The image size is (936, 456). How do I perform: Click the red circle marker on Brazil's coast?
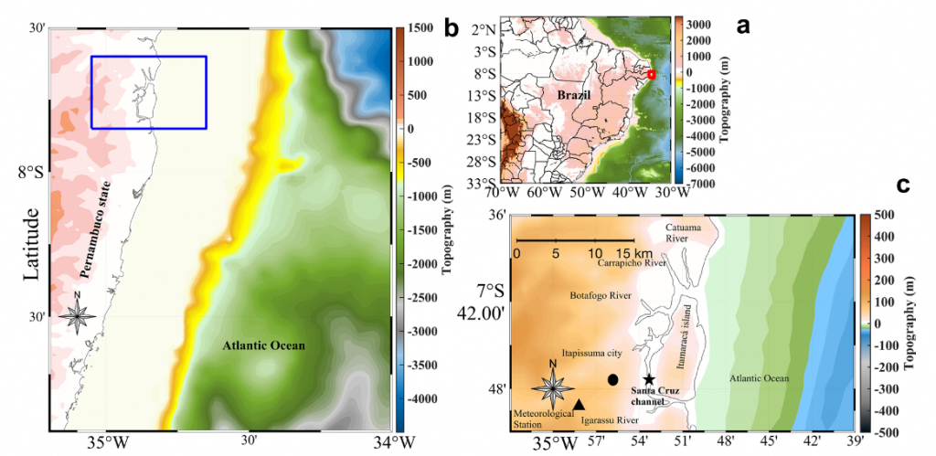point(651,74)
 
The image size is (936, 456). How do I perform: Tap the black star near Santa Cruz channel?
point(649,379)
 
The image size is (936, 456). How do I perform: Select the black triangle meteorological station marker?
point(579,404)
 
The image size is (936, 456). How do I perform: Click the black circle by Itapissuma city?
point(612,378)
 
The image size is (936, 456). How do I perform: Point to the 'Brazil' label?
point(574,94)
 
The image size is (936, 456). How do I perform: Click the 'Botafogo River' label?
point(601,296)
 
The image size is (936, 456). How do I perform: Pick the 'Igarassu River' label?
point(609,421)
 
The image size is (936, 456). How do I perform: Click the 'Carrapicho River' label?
point(632,262)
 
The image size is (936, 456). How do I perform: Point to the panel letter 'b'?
point(452,28)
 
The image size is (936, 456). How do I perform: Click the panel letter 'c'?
point(903,186)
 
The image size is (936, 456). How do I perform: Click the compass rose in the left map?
point(79,316)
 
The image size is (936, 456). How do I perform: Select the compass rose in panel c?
point(552,387)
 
